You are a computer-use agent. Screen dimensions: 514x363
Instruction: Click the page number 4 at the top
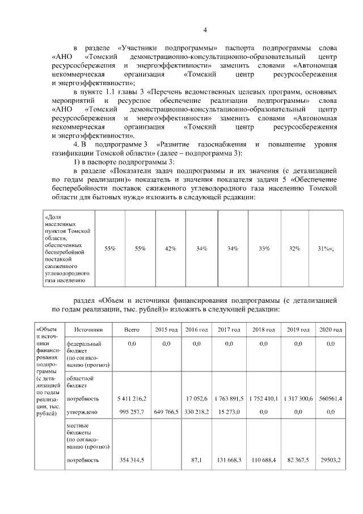206,30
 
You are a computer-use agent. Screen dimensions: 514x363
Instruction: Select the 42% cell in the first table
170,249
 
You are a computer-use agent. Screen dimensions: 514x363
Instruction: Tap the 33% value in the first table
264,249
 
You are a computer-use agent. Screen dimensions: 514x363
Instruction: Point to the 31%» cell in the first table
326,249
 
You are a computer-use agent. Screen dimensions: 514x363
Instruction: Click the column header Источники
85,329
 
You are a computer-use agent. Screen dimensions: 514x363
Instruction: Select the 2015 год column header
166,329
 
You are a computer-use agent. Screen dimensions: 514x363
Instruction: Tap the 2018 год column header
263,329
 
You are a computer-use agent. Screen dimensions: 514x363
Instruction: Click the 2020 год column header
330,329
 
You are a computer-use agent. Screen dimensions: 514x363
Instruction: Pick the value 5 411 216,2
132,398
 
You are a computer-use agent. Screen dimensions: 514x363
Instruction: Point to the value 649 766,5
166,411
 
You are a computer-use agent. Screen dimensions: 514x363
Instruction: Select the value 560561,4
330,398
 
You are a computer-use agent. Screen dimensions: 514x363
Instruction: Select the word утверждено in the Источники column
82,411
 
